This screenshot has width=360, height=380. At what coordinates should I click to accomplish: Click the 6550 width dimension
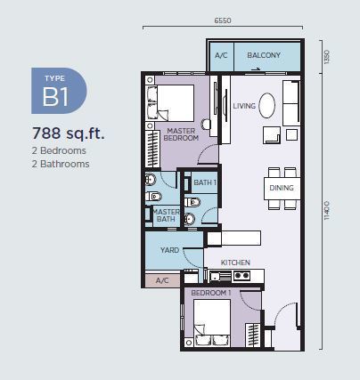[x=223, y=20]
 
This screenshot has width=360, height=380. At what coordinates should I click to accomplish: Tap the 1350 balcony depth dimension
[x=327, y=57]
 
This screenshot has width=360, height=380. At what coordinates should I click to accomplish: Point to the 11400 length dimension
[x=327, y=210]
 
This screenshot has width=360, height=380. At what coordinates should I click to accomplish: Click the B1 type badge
[x=59, y=91]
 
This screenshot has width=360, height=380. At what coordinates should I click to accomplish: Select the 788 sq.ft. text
[x=69, y=133]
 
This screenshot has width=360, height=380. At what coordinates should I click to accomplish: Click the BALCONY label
[x=264, y=55]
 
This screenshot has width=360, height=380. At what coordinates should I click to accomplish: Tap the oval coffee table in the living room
[x=266, y=106]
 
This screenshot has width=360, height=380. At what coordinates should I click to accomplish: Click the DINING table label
[x=282, y=188]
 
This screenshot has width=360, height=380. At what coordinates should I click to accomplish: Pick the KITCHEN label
[x=235, y=263]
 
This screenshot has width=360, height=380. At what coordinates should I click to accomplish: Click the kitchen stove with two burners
[x=241, y=276]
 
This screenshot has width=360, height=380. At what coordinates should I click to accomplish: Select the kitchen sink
[x=220, y=277]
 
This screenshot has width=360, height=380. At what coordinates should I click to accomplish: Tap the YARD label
[x=169, y=250]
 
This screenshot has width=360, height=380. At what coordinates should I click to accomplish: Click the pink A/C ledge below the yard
[x=162, y=280]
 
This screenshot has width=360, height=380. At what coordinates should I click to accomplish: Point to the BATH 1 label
[x=205, y=182]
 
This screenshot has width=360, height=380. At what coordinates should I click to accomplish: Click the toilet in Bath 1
[x=192, y=202]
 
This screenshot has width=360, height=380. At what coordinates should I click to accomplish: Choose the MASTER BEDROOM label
[x=181, y=134]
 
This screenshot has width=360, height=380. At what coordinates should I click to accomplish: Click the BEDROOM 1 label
[x=211, y=293]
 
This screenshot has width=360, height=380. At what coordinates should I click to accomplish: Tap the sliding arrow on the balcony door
[x=256, y=69]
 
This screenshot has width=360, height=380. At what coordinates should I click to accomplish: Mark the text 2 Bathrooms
[x=61, y=164]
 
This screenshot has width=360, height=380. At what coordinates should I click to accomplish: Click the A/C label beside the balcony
[x=221, y=55]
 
